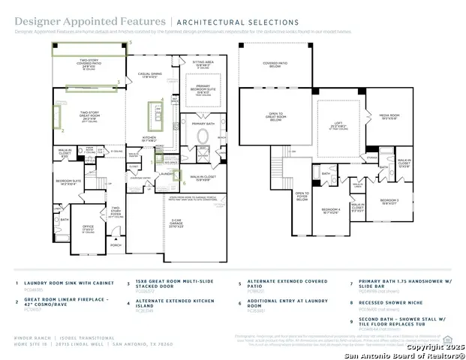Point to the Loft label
pyautogui.click(x=337, y=126)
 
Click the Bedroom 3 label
pyautogui.click(x=389, y=200)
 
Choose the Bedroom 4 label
pyautogui.click(x=331, y=211)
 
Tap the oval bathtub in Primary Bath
pyautogui.click(x=203, y=137)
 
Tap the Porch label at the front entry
pyautogui.click(x=116, y=244)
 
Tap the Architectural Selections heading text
pyautogui.click(x=237, y=23)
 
